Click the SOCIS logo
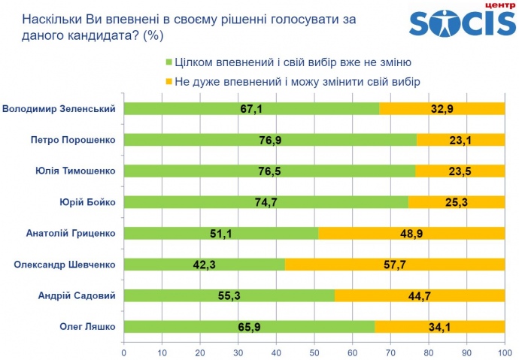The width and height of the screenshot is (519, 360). pyautogui.click(x=461, y=24)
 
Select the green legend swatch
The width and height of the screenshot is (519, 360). pyautogui.click(x=169, y=62)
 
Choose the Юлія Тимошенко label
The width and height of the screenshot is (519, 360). pyautogui.click(x=74, y=171)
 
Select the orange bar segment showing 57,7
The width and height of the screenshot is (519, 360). pyautogui.click(x=395, y=265)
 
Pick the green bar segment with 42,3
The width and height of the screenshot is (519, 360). pyautogui.click(x=204, y=265)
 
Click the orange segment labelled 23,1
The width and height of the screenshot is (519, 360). pyautogui.click(x=460, y=140)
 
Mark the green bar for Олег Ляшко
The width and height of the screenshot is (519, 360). pyautogui.click(x=249, y=326)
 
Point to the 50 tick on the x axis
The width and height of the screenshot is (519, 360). pyautogui.click(x=314, y=351)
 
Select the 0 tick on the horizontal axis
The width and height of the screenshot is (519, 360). pyautogui.click(x=123, y=351)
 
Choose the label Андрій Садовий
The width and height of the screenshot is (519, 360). pyautogui.click(x=76, y=295)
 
